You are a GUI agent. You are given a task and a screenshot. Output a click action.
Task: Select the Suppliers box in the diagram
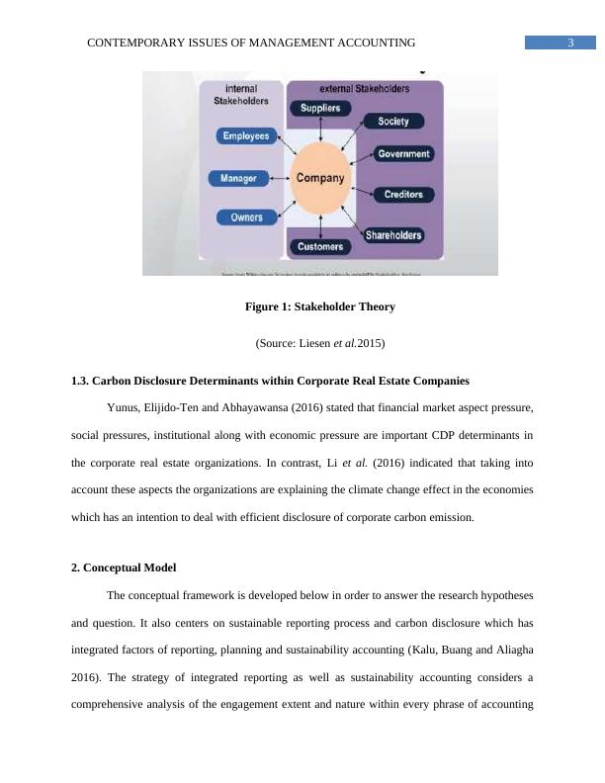[x=320, y=108]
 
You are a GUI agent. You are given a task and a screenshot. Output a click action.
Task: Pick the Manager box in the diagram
[x=237, y=178]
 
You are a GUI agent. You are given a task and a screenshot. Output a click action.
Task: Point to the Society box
[x=393, y=122]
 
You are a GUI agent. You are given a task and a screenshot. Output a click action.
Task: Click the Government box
[x=402, y=154]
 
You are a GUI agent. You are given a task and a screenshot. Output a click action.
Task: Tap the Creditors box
[x=401, y=195]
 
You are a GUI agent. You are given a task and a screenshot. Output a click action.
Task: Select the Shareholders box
[x=393, y=235]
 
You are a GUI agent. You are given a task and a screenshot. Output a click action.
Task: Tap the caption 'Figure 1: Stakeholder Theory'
[x=319, y=307]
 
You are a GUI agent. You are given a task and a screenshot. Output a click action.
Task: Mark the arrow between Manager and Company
[x=278, y=179]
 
